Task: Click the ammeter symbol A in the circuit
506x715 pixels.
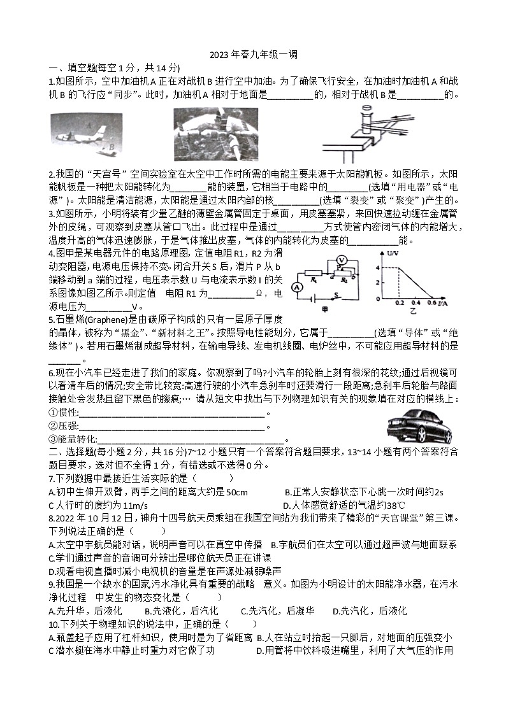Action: (296, 287)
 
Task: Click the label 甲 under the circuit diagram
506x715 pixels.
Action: (324, 308)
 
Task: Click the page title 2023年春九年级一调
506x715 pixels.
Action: (253, 55)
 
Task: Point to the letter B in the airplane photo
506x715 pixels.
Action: (111, 146)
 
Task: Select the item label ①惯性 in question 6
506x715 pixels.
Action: (63, 413)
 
